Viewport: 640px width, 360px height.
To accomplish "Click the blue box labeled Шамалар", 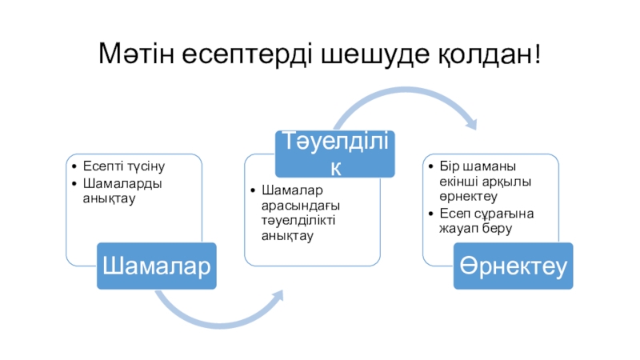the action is coord(160,265).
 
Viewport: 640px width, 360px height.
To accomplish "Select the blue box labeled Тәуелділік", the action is coord(336,154).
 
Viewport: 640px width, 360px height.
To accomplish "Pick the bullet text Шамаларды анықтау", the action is coord(120,190).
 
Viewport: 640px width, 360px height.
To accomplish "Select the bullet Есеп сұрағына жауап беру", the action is coord(480,221).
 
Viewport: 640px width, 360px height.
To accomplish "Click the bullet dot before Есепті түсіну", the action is coord(74,167).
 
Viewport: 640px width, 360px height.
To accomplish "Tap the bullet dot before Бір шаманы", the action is coord(432,166).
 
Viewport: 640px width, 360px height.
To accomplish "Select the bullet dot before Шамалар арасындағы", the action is coord(254,191).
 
